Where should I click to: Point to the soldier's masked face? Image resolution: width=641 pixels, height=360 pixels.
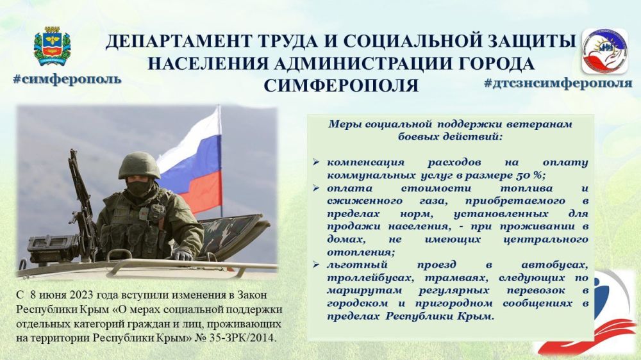coord(138,188)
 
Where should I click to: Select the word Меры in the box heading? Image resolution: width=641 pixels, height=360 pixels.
coord(343,124)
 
